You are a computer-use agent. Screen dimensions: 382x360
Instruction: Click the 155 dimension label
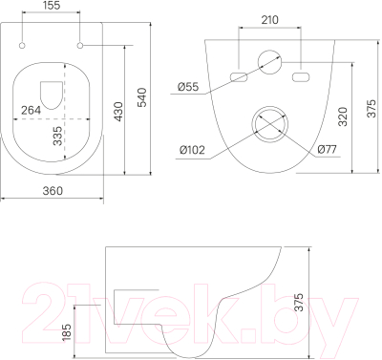[x=51, y=6]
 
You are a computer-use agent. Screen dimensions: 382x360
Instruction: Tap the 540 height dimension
[x=142, y=97]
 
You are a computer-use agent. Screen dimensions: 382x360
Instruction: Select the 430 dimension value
[x=118, y=112]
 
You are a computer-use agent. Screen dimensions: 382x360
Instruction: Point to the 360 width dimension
[x=53, y=191]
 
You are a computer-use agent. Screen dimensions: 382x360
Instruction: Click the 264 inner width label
[x=31, y=110]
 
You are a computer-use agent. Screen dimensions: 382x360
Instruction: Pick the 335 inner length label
[x=57, y=136]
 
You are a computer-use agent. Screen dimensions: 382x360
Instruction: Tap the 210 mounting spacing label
[x=269, y=20]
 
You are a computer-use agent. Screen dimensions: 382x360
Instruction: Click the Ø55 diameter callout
[x=188, y=87]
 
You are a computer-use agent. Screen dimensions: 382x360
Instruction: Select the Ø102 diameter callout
[x=192, y=150]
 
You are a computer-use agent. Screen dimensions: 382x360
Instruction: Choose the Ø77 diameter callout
[x=328, y=149]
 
